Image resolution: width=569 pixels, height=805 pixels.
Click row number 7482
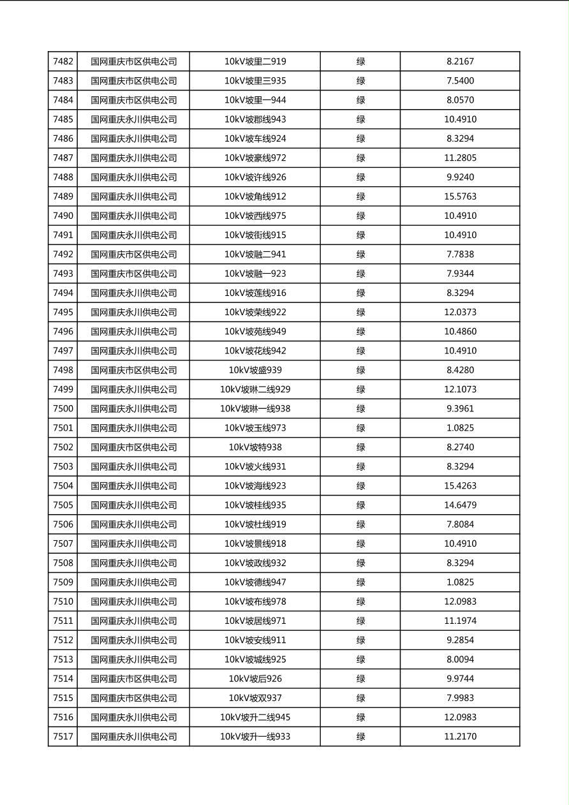pyautogui.click(x=63, y=62)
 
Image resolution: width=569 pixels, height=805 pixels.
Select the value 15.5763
pyautogui.click(x=460, y=196)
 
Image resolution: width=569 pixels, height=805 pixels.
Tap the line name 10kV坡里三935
pyautogui.click(x=255, y=81)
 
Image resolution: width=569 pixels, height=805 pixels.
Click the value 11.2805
pyautogui.click(x=460, y=158)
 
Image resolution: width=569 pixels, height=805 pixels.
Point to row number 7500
pyautogui.click(x=63, y=409)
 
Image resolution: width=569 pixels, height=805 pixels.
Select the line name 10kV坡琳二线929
pyautogui.click(x=255, y=390)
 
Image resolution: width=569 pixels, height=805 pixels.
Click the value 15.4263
pyautogui.click(x=460, y=486)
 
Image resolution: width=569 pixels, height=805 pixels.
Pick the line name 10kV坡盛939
pyautogui.click(x=255, y=370)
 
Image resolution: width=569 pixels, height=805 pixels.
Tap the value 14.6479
pyautogui.click(x=460, y=505)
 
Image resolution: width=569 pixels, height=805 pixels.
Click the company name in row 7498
pyautogui.click(x=133, y=370)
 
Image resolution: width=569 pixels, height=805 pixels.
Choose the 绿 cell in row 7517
pyautogui.click(x=360, y=737)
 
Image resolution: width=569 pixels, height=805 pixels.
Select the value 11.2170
pyautogui.click(x=460, y=737)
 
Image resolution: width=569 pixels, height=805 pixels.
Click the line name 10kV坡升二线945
pyautogui.click(x=255, y=718)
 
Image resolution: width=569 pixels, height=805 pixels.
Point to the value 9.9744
pyautogui.click(x=460, y=679)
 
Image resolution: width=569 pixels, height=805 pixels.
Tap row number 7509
pyautogui.click(x=63, y=582)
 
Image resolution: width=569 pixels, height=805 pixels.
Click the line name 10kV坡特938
pyautogui.click(x=255, y=447)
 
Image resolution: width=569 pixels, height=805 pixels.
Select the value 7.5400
pyautogui.click(x=460, y=81)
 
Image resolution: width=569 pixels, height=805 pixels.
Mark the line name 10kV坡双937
pyautogui.click(x=255, y=698)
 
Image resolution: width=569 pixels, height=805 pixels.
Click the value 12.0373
pyautogui.click(x=460, y=313)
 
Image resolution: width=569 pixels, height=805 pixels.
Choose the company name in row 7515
pyautogui.click(x=133, y=698)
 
